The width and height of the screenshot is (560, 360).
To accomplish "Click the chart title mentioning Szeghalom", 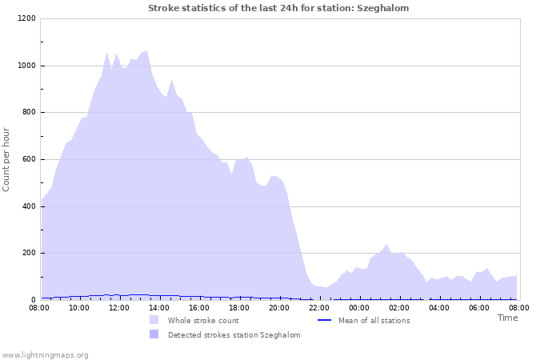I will click(x=278, y=8).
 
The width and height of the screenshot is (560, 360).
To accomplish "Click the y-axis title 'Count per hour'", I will click(x=6, y=159).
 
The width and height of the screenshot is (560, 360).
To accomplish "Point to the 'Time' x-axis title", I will click(x=507, y=318).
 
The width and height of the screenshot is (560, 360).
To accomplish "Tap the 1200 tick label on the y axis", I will click(x=26, y=18).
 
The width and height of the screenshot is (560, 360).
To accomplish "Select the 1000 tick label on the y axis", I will click(x=26, y=66).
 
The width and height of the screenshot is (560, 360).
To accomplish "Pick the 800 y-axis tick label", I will click(x=28, y=113).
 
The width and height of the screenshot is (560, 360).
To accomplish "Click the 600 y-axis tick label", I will click(x=28, y=159).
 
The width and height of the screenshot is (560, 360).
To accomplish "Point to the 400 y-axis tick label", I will click(x=28, y=206).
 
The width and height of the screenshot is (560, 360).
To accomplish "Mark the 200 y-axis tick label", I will click(x=28, y=254).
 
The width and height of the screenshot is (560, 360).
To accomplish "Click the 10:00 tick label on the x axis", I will click(x=79, y=307).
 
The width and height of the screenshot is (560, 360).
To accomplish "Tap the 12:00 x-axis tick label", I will click(x=119, y=307).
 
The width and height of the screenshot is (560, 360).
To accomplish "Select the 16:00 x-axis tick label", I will click(x=199, y=307).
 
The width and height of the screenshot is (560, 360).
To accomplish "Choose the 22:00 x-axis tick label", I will click(x=319, y=307).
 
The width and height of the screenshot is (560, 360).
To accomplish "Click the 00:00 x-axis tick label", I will click(x=359, y=307).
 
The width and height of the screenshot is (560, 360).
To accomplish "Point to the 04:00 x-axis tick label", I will click(x=439, y=307).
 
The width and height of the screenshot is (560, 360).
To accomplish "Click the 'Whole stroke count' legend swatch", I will click(x=154, y=320).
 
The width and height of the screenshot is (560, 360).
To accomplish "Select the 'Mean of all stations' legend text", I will click(x=374, y=321).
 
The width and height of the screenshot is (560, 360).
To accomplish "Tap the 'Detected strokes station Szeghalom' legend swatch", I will click(x=154, y=334).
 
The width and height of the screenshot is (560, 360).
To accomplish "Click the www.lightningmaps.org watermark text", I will click(x=46, y=354).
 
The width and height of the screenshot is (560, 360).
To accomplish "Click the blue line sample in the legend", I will click(x=324, y=320).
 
